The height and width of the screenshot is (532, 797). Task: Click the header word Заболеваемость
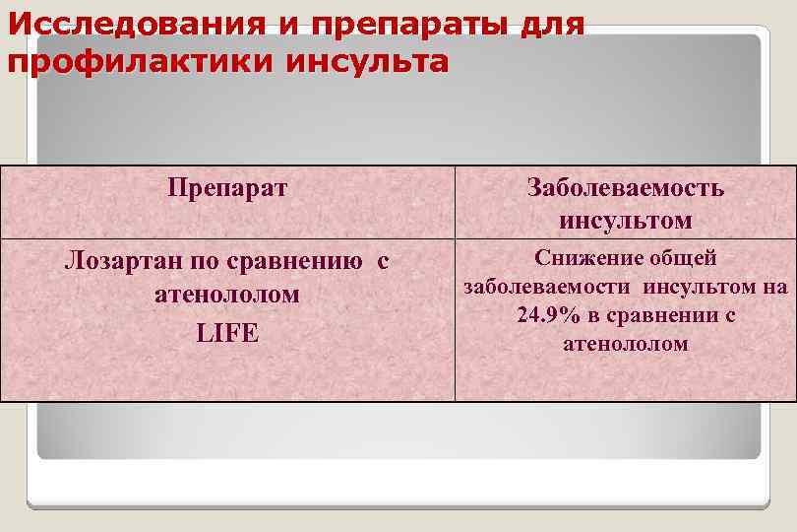626,188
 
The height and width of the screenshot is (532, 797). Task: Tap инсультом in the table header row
626,220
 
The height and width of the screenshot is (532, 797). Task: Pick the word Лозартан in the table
109,262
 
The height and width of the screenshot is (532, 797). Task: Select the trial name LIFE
227,333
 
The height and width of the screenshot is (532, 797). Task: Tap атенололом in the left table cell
227,295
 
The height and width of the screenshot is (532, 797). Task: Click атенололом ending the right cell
626,345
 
